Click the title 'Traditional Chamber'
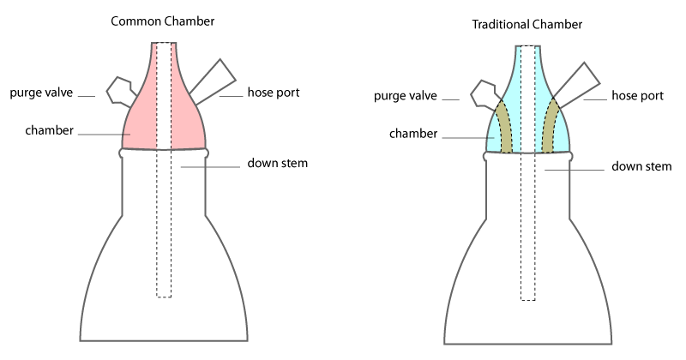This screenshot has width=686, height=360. [527, 25]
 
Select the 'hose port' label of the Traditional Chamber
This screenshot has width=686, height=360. [635, 95]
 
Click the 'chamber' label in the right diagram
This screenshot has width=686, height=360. [414, 134]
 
